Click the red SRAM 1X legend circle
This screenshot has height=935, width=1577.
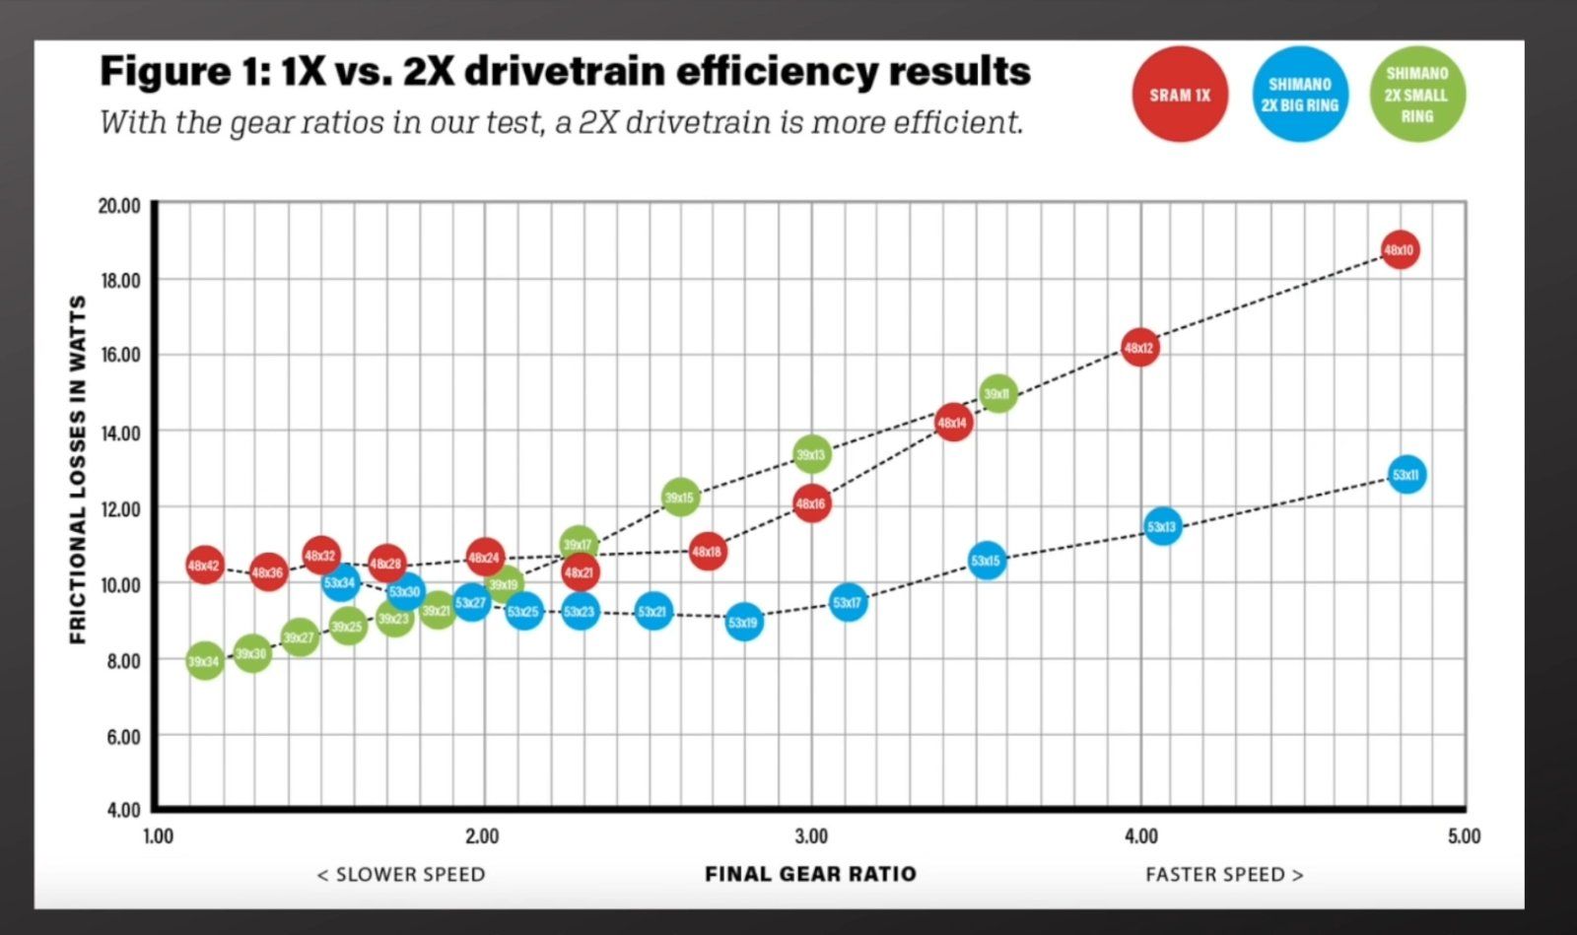(x=1180, y=95)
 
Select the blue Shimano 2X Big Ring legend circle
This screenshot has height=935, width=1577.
(x=1300, y=95)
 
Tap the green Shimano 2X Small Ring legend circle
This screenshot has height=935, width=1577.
(x=1417, y=95)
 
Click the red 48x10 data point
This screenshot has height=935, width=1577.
(x=1399, y=250)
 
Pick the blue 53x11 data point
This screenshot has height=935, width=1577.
(x=1406, y=475)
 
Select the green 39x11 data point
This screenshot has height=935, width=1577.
(x=997, y=394)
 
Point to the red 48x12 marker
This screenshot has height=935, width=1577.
(x=1139, y=348)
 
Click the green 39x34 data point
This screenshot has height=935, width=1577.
(x=204, y=661)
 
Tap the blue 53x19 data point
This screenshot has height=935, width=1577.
(x=744, y=622)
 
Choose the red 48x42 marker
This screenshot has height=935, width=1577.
(x=204, y=566)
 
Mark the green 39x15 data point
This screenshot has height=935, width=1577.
(x=679, y=498)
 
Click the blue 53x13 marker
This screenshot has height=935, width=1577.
(x=1162, y=527)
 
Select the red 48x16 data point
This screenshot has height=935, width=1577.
(x=810, y=503)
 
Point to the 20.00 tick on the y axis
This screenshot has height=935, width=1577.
(x=119, y=205)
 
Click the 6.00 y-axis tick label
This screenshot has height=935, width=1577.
(x=123, y=736)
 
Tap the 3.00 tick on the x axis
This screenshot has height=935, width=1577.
(x=810, y=836)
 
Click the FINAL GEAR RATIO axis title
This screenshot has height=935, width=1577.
(x=810, y=874)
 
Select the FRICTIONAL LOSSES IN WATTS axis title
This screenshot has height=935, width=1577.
(x=78, y=469)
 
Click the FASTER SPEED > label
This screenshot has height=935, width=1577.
(x=1223, y=874)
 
